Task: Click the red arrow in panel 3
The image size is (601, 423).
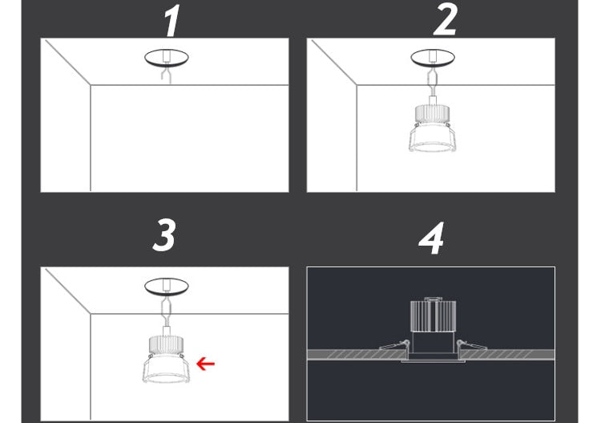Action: (206, 364)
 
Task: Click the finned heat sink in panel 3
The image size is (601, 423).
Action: (165, 344)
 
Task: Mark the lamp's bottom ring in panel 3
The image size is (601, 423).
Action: (165, 374)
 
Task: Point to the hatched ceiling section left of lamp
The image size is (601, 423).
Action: (345, 355)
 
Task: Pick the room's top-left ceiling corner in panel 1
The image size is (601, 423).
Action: (91, 86)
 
